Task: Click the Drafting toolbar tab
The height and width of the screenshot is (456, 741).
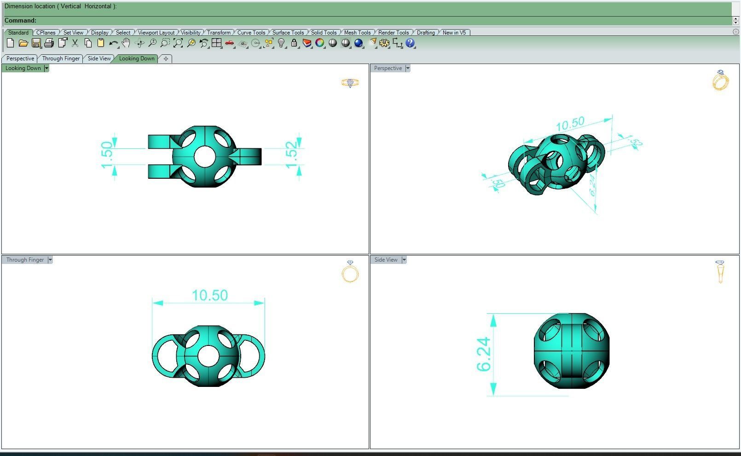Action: click(425, 33)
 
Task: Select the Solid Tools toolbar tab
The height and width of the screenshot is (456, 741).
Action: click(323, 33)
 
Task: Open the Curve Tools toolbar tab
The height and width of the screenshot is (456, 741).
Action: click(251, 33)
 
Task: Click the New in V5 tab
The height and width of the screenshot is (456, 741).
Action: click(454, 33)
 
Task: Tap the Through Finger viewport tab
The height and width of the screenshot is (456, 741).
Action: click(61, 58)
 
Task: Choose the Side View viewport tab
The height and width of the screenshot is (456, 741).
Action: click(99, 58)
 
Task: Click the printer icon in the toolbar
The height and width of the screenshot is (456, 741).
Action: click(49, 43)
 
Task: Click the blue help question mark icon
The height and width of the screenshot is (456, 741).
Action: click(410, 43)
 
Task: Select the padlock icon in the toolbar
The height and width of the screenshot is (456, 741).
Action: click(294, 43)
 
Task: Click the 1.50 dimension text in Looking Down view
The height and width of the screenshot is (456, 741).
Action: click(106, 155)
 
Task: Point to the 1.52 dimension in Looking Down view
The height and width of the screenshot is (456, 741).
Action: click(291, 155)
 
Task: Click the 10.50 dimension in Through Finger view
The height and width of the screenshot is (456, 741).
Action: click(209, 295)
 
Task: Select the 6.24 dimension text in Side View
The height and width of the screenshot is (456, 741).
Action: click(483, 354)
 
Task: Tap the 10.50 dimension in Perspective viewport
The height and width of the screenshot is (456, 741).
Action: click(570, 124)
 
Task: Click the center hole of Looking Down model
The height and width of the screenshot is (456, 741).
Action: click(204, 157)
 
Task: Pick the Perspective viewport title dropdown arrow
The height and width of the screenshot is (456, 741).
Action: click(408, 68)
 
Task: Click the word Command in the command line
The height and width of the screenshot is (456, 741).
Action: click(20, 20)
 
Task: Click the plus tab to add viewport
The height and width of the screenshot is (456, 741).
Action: click(166, 58)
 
